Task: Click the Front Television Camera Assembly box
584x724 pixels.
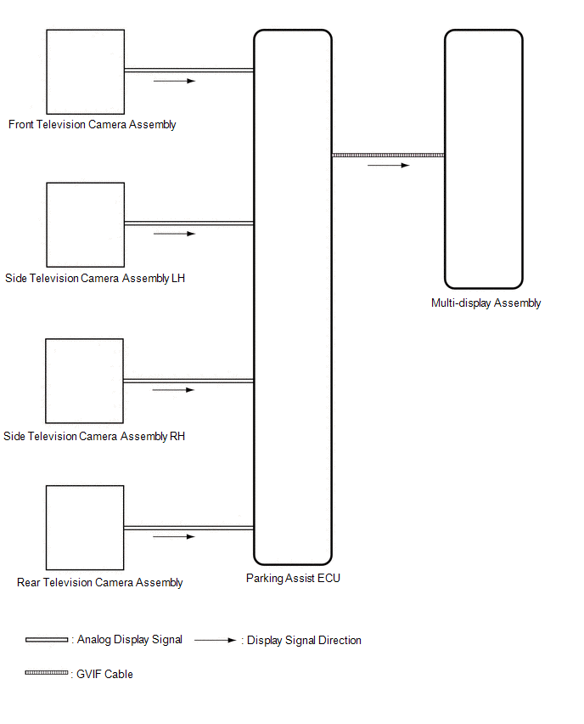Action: click(85, 71)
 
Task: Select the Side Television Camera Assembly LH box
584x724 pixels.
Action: click(85, 224)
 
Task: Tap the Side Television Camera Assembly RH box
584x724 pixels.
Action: click(84, 381)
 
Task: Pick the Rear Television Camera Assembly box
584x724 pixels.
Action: click(85, 528)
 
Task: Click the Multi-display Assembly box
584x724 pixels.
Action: click(483, 159)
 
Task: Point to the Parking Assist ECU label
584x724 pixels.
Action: click(293, 579)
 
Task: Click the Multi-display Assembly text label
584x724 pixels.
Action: click(486, 303)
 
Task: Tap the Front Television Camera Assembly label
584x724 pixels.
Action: click(93, 125)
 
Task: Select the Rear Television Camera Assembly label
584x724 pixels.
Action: click(100, 583)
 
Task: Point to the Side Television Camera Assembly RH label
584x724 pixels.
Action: click(94, 437)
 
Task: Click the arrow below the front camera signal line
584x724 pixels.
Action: click(174, 82)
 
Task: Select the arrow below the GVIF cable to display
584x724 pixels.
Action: click(388, 166)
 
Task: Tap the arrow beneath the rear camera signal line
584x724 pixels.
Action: click(174, 537)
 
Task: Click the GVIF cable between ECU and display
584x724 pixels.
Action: click(388, 156)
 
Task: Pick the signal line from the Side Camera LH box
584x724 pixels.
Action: click(188, 223)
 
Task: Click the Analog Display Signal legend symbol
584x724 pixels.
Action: click(47, 640)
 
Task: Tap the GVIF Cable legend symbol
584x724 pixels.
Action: click(47, 673)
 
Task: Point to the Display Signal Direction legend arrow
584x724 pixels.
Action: click(215, 641)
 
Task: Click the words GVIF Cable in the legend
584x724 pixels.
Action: click(105, 675)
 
